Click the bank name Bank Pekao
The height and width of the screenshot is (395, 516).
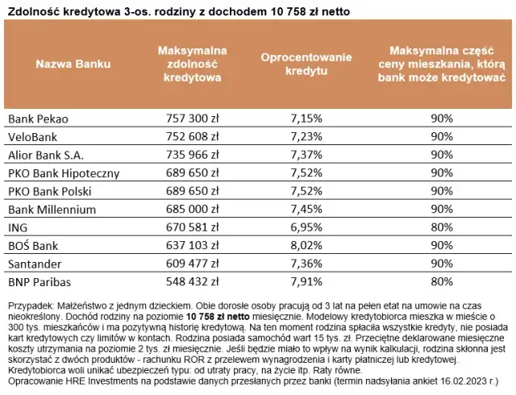point(37,118)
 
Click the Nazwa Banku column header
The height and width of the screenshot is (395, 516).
point(73,64)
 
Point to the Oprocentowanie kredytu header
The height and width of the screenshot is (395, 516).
point(306,64)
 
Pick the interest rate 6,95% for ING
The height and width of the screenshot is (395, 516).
point(306,227)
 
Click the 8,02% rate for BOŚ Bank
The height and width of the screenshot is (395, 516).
point(306,246)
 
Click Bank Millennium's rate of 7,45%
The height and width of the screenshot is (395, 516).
point(306,209)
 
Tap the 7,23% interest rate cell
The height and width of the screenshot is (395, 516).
point(306,136)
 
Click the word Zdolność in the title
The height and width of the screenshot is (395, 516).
point(32,10)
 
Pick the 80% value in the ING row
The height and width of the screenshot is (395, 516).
point(440,227)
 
